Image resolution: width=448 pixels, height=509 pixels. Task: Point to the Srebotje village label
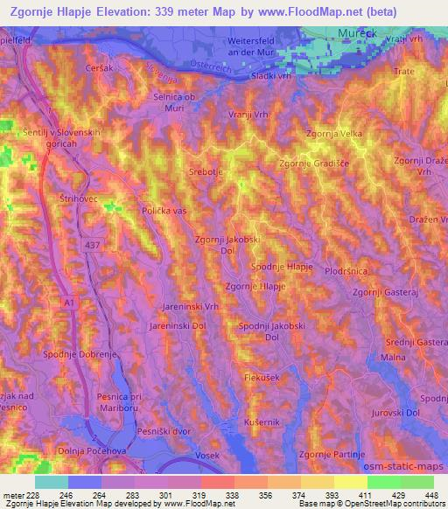tap(206, 173)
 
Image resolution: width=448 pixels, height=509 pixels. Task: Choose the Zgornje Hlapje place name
tap(256, 286)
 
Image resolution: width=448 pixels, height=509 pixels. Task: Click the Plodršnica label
tap(349, 272)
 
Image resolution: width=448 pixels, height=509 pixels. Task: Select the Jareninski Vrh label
tap(190, 308)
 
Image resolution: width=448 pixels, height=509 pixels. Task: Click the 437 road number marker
tap(90, 247)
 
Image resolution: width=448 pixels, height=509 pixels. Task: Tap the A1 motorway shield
tap(68, 301)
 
